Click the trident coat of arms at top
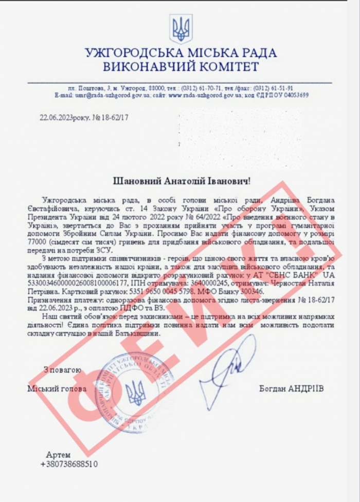(182, 29)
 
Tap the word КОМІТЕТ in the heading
(224, 67)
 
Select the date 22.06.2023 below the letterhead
(57, 118)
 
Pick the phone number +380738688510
(69, 463)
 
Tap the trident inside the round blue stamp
(136, 391)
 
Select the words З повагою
(62, 369)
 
